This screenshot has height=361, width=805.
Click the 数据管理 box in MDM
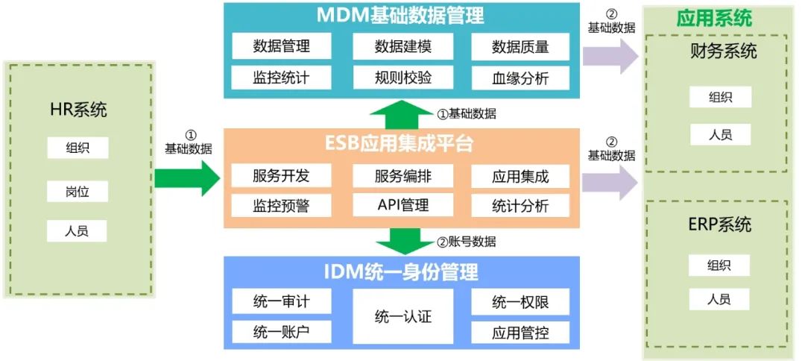click(x=281, y=46)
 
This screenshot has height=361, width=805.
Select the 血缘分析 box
click(x=520, y=77)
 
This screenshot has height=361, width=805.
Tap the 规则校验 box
click(x=402, y=77)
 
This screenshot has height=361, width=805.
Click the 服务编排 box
click(x=402, y=176)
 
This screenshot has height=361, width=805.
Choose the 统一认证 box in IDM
click(x=402, y=316)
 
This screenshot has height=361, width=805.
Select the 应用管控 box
click(x=520, y=332)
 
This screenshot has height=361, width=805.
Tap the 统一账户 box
click(x=281, y=332)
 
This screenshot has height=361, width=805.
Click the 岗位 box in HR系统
click(x=78, y=190)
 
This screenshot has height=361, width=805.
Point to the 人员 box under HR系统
click(x=78, y=230)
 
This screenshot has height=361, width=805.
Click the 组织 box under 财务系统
click(x=720, y=97)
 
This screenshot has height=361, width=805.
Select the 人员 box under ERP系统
click(x=720, y=300)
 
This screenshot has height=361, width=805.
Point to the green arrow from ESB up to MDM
click(x=402, y=115)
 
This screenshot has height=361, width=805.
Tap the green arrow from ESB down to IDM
click(x=402, y=241)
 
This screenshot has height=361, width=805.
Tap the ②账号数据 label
click(x=467, y=242)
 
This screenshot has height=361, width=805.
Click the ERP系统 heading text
click(x=720, y=225)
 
